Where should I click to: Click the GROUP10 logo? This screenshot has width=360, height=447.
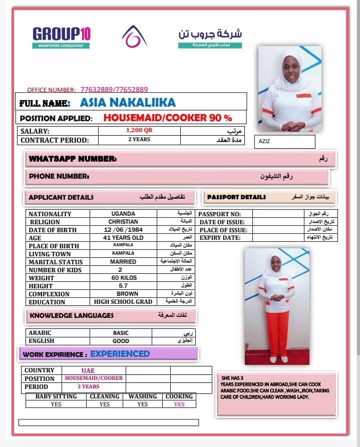pos(62,35)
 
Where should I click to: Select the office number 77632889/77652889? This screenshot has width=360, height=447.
pos(114,90)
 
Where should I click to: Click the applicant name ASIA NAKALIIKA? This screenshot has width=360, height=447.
pos(128,103)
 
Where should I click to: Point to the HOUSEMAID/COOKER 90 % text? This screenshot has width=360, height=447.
pos(168,118)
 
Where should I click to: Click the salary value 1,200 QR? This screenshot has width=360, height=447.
pos(139,130)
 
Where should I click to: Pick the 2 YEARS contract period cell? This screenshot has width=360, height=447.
pos(139,140)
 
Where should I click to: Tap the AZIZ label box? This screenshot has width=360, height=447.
pos(284,142)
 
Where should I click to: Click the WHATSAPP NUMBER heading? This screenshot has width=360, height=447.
pos(73,159)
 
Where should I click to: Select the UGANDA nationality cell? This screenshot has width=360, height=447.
pos(123,214)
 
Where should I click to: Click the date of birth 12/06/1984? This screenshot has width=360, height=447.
pos(123,230)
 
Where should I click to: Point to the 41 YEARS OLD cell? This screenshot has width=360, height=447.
pos(123,238)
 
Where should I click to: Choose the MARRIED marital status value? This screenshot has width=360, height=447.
pos(123,262)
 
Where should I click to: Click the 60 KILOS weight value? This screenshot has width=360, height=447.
pos(124,278)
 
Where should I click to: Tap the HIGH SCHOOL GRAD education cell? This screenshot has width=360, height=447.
pos(123,302)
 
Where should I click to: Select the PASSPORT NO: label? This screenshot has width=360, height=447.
pos(220,214)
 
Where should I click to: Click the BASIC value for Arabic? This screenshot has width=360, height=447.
pos(121,333)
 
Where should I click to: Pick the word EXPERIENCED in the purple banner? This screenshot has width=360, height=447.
pos(120,354)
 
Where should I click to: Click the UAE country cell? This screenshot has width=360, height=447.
pos(88,370)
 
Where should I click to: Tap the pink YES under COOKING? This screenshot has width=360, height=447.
pos(179,404)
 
